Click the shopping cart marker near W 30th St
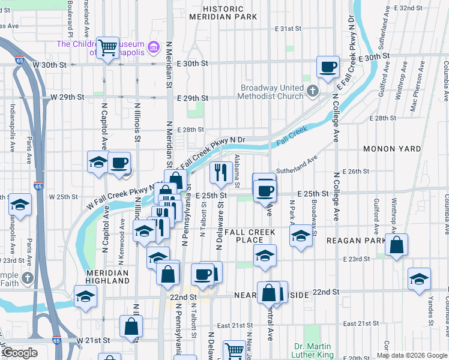point(108,47)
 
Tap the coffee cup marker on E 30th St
point(328,68)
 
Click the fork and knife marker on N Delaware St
point(221,172)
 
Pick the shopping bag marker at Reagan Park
point(396,245)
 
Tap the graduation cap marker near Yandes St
point(419,279)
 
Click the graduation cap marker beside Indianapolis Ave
point(20,205)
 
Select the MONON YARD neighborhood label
point(391,148)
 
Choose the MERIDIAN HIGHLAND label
point(107,277)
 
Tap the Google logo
point(20,353)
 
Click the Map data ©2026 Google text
point(411,355)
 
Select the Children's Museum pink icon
point(154,47)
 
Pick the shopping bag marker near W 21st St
point(131,327)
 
